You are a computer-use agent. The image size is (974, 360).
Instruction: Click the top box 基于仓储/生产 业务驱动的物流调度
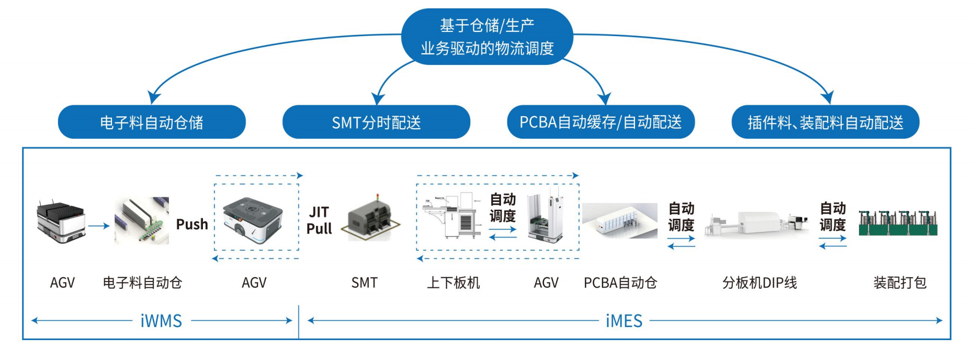click(487, 37)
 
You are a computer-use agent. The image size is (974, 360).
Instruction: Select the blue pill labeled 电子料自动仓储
click(152, 122)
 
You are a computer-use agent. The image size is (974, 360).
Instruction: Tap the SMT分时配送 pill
click(376, 122)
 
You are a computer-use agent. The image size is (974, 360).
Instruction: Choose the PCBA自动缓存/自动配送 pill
click(601, 122)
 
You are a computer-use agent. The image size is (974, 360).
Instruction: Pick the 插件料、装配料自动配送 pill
click(825, 122)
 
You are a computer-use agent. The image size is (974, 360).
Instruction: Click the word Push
click(192, 224)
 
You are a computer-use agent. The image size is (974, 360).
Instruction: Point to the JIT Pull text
click(319, 220)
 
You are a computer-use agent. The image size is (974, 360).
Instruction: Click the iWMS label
click(161, 321)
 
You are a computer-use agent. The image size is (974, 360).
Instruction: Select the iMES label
click(624, 321)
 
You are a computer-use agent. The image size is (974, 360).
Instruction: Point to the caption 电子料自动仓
click(142, 283)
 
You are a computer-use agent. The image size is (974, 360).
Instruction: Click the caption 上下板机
click(453, 283)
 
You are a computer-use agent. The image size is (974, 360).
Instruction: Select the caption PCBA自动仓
click(620, 283)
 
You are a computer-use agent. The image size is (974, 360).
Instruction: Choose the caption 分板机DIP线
click(760, 283)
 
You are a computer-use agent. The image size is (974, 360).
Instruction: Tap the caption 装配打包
click(900, 283)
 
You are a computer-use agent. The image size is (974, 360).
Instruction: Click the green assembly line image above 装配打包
click(898, 223)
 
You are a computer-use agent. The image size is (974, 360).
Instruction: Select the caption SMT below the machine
click(364, 283)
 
